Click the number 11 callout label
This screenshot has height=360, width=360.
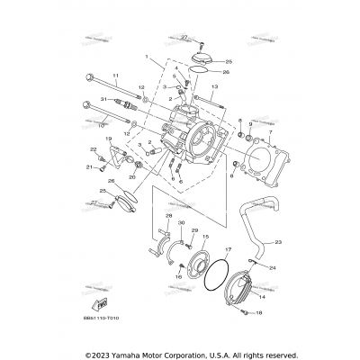coord(115,75)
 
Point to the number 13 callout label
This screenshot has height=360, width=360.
coord(217,86)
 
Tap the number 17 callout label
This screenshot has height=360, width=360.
coord(229,248)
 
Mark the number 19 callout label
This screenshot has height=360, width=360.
coord(109,139)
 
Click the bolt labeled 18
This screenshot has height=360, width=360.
coord(245,312)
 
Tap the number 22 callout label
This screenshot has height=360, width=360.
coord(93,149)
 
